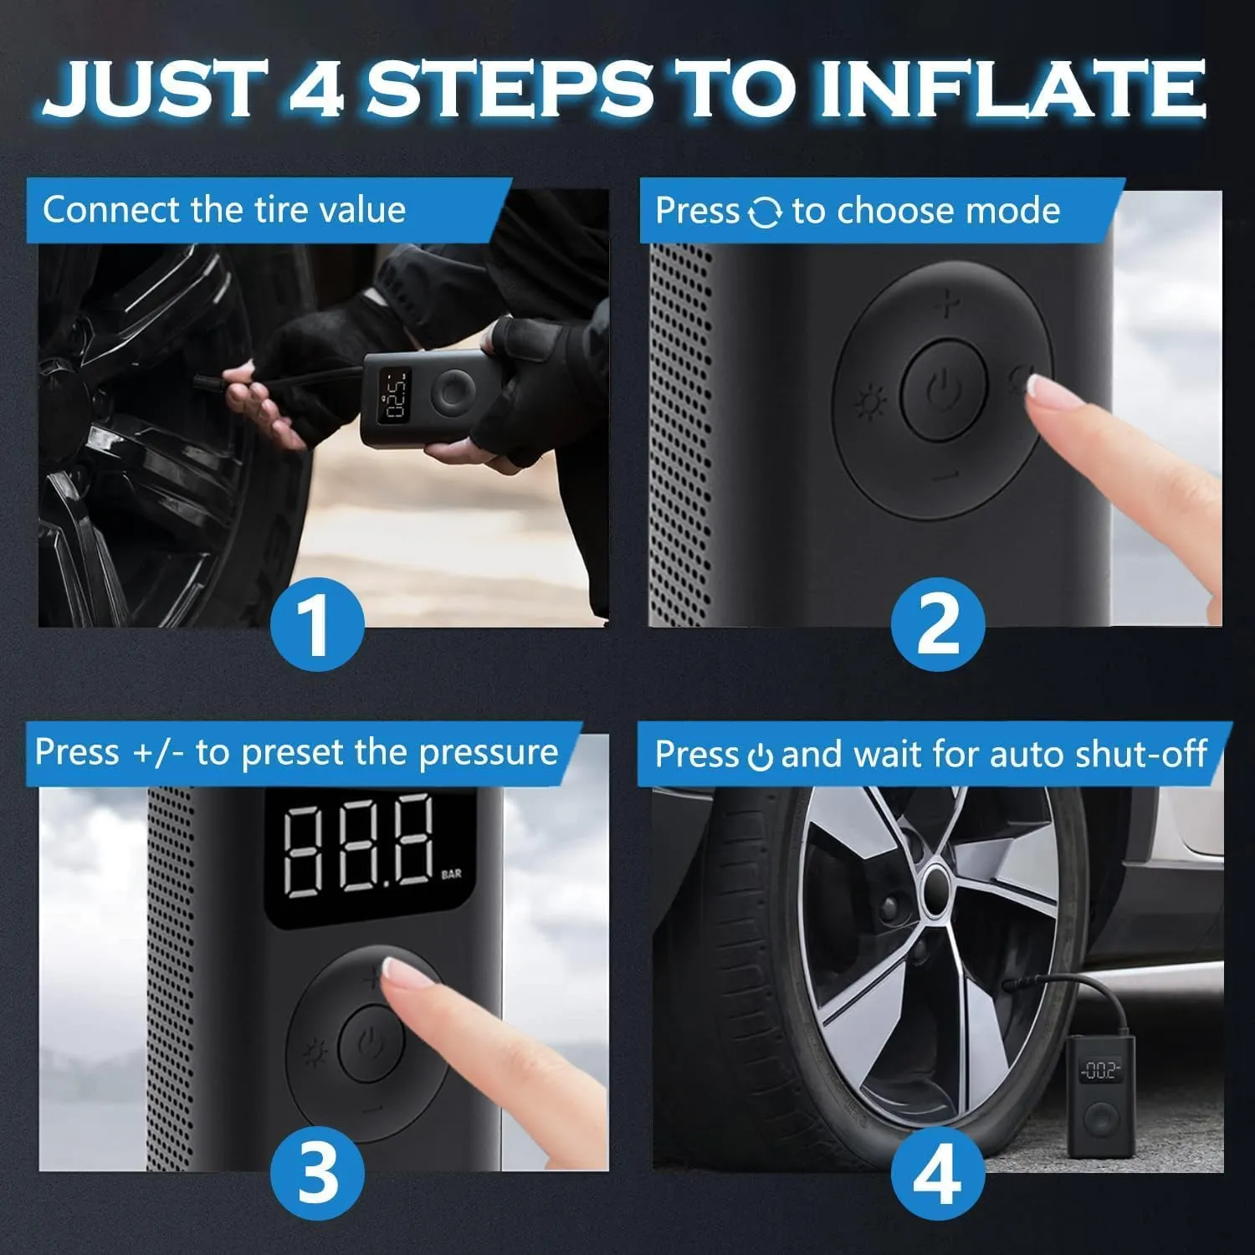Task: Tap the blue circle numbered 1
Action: [317, 626]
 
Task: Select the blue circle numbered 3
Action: [317, 1171]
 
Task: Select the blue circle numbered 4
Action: [937, 1171]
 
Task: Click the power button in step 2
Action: [943, 389]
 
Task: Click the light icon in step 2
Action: [870, 403]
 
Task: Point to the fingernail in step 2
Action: [1044, 387]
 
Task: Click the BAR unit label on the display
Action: [451, 874]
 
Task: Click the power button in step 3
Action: [371, 1044]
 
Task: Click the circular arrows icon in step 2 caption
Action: [766, 213]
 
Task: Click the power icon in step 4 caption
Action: [760, 756]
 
